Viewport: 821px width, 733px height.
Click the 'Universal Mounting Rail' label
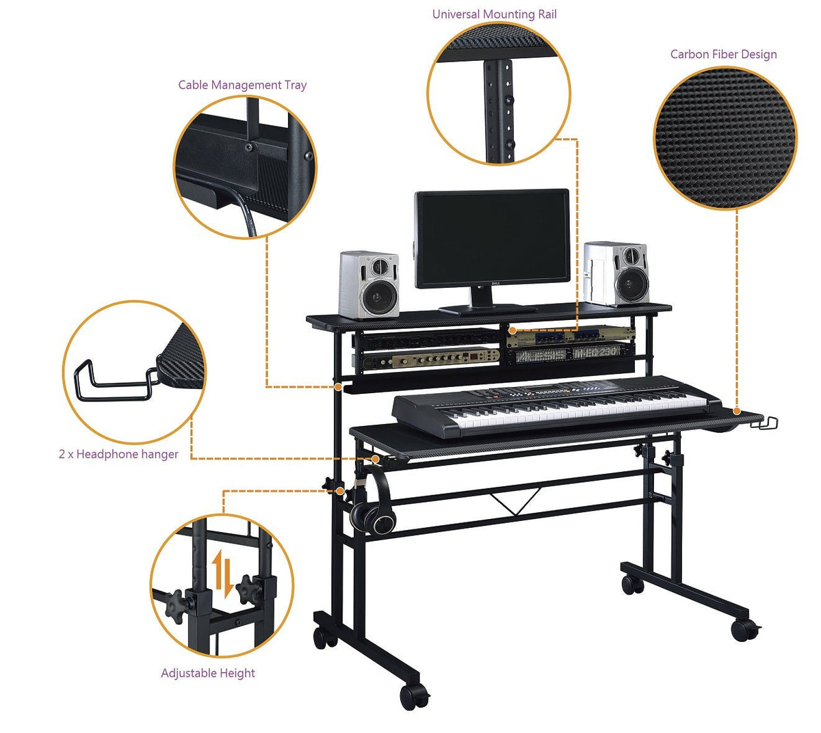(494, 14)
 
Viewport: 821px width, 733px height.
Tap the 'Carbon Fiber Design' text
(723, 55)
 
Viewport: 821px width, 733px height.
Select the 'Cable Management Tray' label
(242, 85)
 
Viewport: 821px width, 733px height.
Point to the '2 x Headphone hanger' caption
(118, 454)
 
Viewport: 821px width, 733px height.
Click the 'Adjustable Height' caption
(207, 674)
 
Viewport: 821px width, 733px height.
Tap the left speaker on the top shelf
(369, 284)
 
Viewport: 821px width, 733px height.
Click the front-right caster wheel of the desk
(743, 628)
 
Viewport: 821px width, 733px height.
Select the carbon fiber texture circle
(725, 139)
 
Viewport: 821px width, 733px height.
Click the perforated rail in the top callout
(498, 109)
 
